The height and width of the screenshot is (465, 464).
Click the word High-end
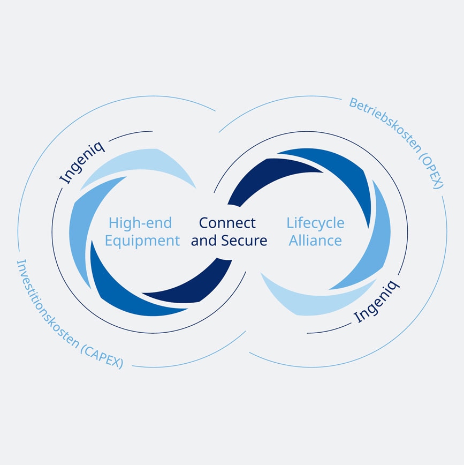point(140,222)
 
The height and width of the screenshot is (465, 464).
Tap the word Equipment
point(142,241)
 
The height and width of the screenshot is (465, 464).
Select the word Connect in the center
point(227,222)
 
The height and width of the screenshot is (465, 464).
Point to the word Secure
point(245,241)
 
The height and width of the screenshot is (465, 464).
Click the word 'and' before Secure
point(202,241)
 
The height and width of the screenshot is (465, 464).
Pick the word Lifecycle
point(315,222)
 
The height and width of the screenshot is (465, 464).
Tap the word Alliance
point(315,241)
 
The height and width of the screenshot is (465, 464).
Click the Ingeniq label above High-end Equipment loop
point(83,162)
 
